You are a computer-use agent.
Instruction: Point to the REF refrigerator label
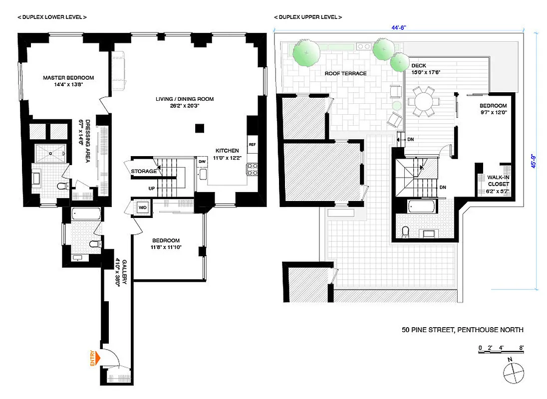click(x=252, y=144)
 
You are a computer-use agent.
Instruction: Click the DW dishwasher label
click(x=202, y=162)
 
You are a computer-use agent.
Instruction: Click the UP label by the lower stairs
click(x=151, y=189)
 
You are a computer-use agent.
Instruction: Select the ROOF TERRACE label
click(x=345, y=73)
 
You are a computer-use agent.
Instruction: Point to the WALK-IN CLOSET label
click(x=498, y=184)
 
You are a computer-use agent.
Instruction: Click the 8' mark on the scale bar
click(x=521, y=347)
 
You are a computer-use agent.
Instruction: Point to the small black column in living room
click(x=199, y=128)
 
